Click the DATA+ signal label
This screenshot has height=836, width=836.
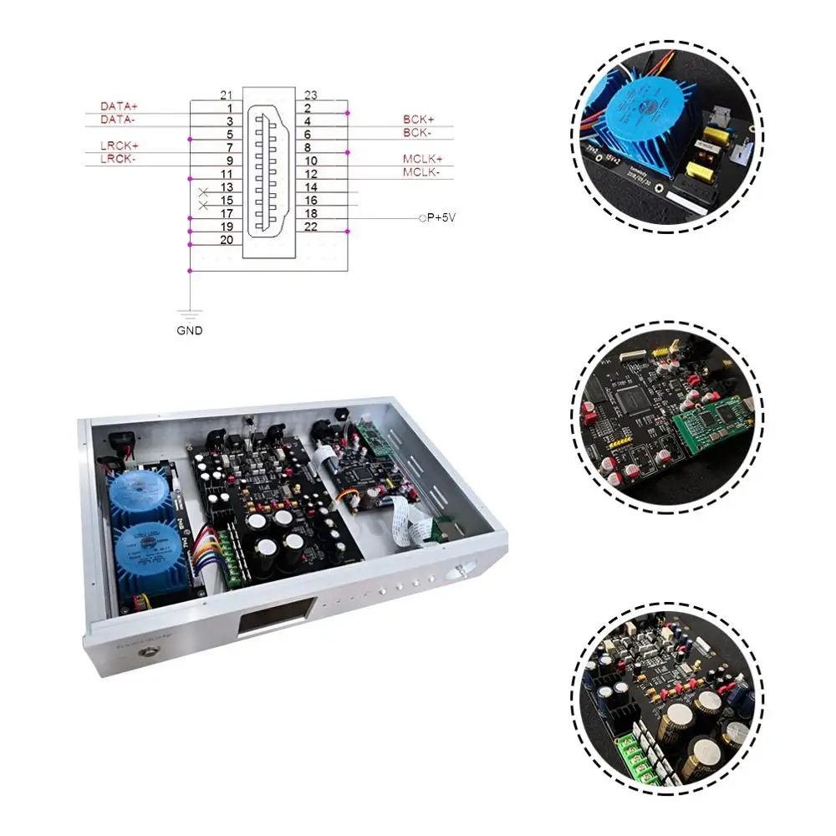119,107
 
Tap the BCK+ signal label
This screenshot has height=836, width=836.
418,120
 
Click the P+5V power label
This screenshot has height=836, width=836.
441,218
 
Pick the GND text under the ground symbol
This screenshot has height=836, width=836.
190,330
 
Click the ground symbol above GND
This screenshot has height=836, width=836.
191,314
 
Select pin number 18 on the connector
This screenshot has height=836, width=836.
311,214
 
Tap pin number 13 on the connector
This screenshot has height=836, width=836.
226,187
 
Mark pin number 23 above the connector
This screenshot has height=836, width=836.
311,94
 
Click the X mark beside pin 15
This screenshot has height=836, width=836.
203,203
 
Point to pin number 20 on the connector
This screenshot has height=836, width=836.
226,240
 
